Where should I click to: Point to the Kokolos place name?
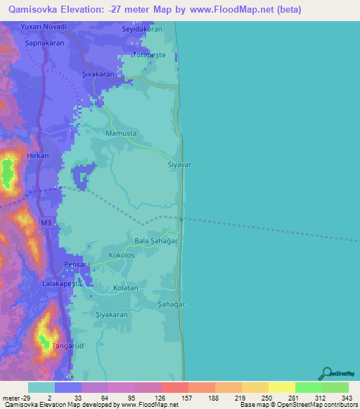122,256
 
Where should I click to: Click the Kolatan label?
126,288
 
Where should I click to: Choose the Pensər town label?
75,264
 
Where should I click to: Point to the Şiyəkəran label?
111,315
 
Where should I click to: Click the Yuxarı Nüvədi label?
44,26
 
